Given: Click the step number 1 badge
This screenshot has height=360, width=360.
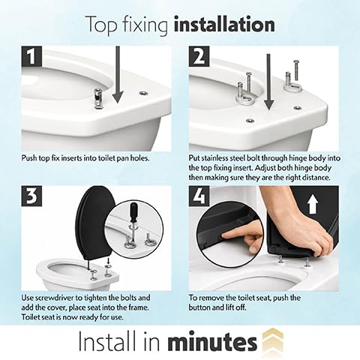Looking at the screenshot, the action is [x=31, y=56].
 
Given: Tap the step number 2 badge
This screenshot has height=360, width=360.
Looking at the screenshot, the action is [x=199, y=56].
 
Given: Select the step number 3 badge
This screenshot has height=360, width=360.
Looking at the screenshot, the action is [x=31, y=196].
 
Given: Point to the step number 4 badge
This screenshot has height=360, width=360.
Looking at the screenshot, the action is [x=199, y=196].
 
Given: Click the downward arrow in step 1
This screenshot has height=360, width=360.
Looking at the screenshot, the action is [x=118, y=75].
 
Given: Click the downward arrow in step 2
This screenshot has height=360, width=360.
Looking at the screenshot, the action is [x=268, y=82].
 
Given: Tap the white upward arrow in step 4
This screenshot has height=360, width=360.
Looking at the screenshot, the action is [x=313, y=205].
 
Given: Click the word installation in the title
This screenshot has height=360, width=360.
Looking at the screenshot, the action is [x=224, y=25].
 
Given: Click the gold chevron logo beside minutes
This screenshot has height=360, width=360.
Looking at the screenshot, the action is [x=273, y=341].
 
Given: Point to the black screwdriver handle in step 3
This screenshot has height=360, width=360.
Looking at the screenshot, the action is [x=134, y=212].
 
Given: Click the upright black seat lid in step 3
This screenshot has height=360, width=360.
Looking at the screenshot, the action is [x=95, y=223].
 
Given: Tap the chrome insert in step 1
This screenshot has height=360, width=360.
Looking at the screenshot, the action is [x=98, y=98].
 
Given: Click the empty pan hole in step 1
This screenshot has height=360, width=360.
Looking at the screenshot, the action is [x=143, y=93].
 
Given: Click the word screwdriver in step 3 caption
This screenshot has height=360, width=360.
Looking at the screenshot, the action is [x=53, y=298].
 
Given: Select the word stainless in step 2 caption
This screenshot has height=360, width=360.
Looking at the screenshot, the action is [x=214, y=158].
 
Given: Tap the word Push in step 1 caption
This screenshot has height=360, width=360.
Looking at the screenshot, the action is [x=28, y=158].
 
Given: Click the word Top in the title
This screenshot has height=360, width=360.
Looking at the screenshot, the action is [x=101, y=25].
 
